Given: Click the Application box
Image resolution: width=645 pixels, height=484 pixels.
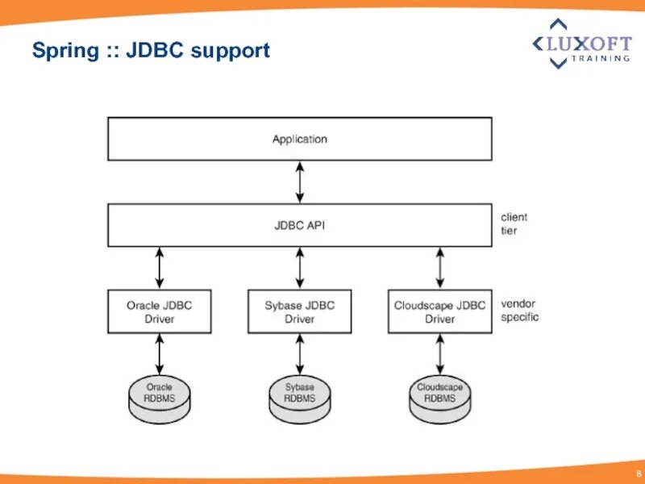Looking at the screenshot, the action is pos(300,139).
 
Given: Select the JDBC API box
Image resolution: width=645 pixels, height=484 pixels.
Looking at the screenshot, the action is pos(300,225).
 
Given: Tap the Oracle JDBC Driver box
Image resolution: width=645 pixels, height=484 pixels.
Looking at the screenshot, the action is pos(160,311).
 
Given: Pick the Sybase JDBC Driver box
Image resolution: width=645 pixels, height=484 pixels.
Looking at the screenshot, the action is pos(299,311).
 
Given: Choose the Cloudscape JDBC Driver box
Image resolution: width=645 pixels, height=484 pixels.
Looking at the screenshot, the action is pos(439,311).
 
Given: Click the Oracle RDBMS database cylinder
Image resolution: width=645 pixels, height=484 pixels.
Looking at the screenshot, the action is pos(160,398).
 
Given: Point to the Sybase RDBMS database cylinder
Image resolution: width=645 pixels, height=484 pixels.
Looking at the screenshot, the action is pos(300,398).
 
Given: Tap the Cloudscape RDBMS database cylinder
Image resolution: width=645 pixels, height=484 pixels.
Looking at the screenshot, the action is pos(440,398).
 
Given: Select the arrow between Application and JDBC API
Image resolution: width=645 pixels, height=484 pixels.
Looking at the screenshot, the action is pos(300,182).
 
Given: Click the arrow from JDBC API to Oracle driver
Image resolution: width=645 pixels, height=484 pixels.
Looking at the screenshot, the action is pos(160,269).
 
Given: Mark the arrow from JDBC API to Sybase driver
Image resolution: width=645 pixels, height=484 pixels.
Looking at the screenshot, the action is pos(300,269).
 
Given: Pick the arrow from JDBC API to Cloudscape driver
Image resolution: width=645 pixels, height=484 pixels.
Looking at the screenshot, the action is pos(440,269).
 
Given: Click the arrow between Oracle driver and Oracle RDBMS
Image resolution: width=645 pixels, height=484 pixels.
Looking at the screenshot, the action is pos(160,354).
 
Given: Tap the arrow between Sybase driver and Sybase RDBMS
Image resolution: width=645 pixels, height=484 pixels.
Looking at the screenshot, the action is pos(300,354).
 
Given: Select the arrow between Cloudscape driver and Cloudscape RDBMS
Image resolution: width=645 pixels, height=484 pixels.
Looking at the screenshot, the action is pos(440,354).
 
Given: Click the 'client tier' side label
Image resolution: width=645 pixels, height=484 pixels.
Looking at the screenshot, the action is pos(514,224).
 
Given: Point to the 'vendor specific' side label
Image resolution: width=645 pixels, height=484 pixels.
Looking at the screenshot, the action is pos(519,311).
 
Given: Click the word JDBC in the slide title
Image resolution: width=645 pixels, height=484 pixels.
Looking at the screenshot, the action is pos(154,50).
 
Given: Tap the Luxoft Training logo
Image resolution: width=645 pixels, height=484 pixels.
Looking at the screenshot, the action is pos(581,44).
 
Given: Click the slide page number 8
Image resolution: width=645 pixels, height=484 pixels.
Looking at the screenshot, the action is pos(639,474).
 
